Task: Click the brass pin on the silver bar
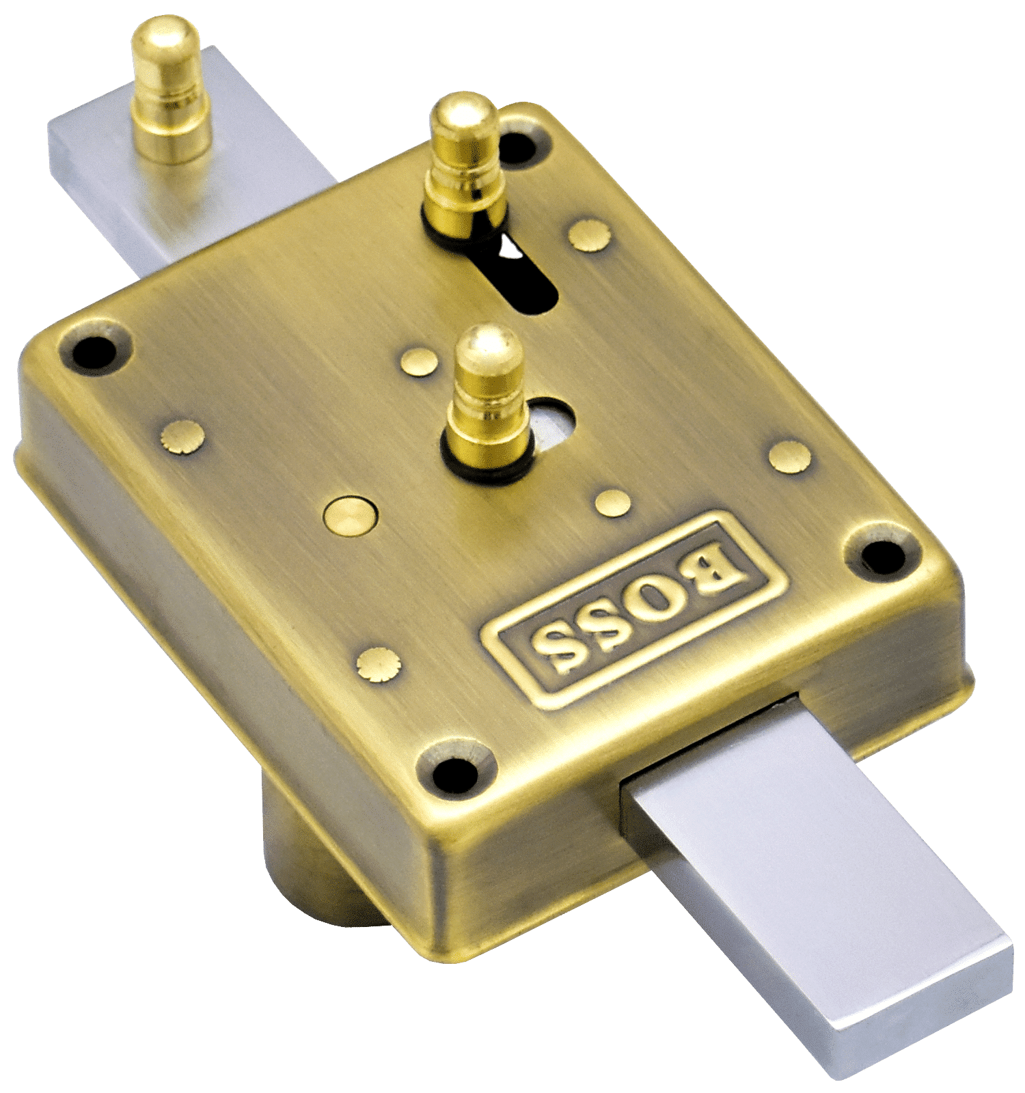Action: [170, 92]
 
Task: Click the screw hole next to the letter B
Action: [881, 554]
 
